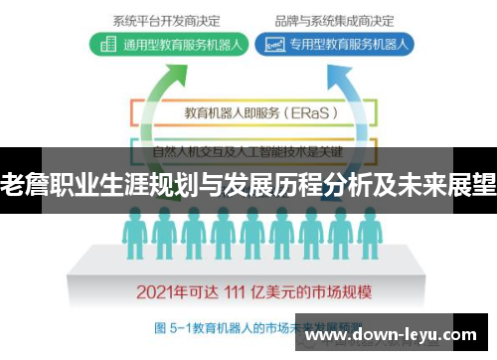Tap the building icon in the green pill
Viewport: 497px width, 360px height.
[x=107, y=44]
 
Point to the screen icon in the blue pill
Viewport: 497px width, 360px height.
[x=269, y=44]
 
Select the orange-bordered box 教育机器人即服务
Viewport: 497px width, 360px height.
[x=248, y=112]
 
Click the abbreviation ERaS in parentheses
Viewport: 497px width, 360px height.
[x=310, y=112]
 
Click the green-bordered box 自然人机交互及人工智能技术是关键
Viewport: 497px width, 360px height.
[x=248, y=151]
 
